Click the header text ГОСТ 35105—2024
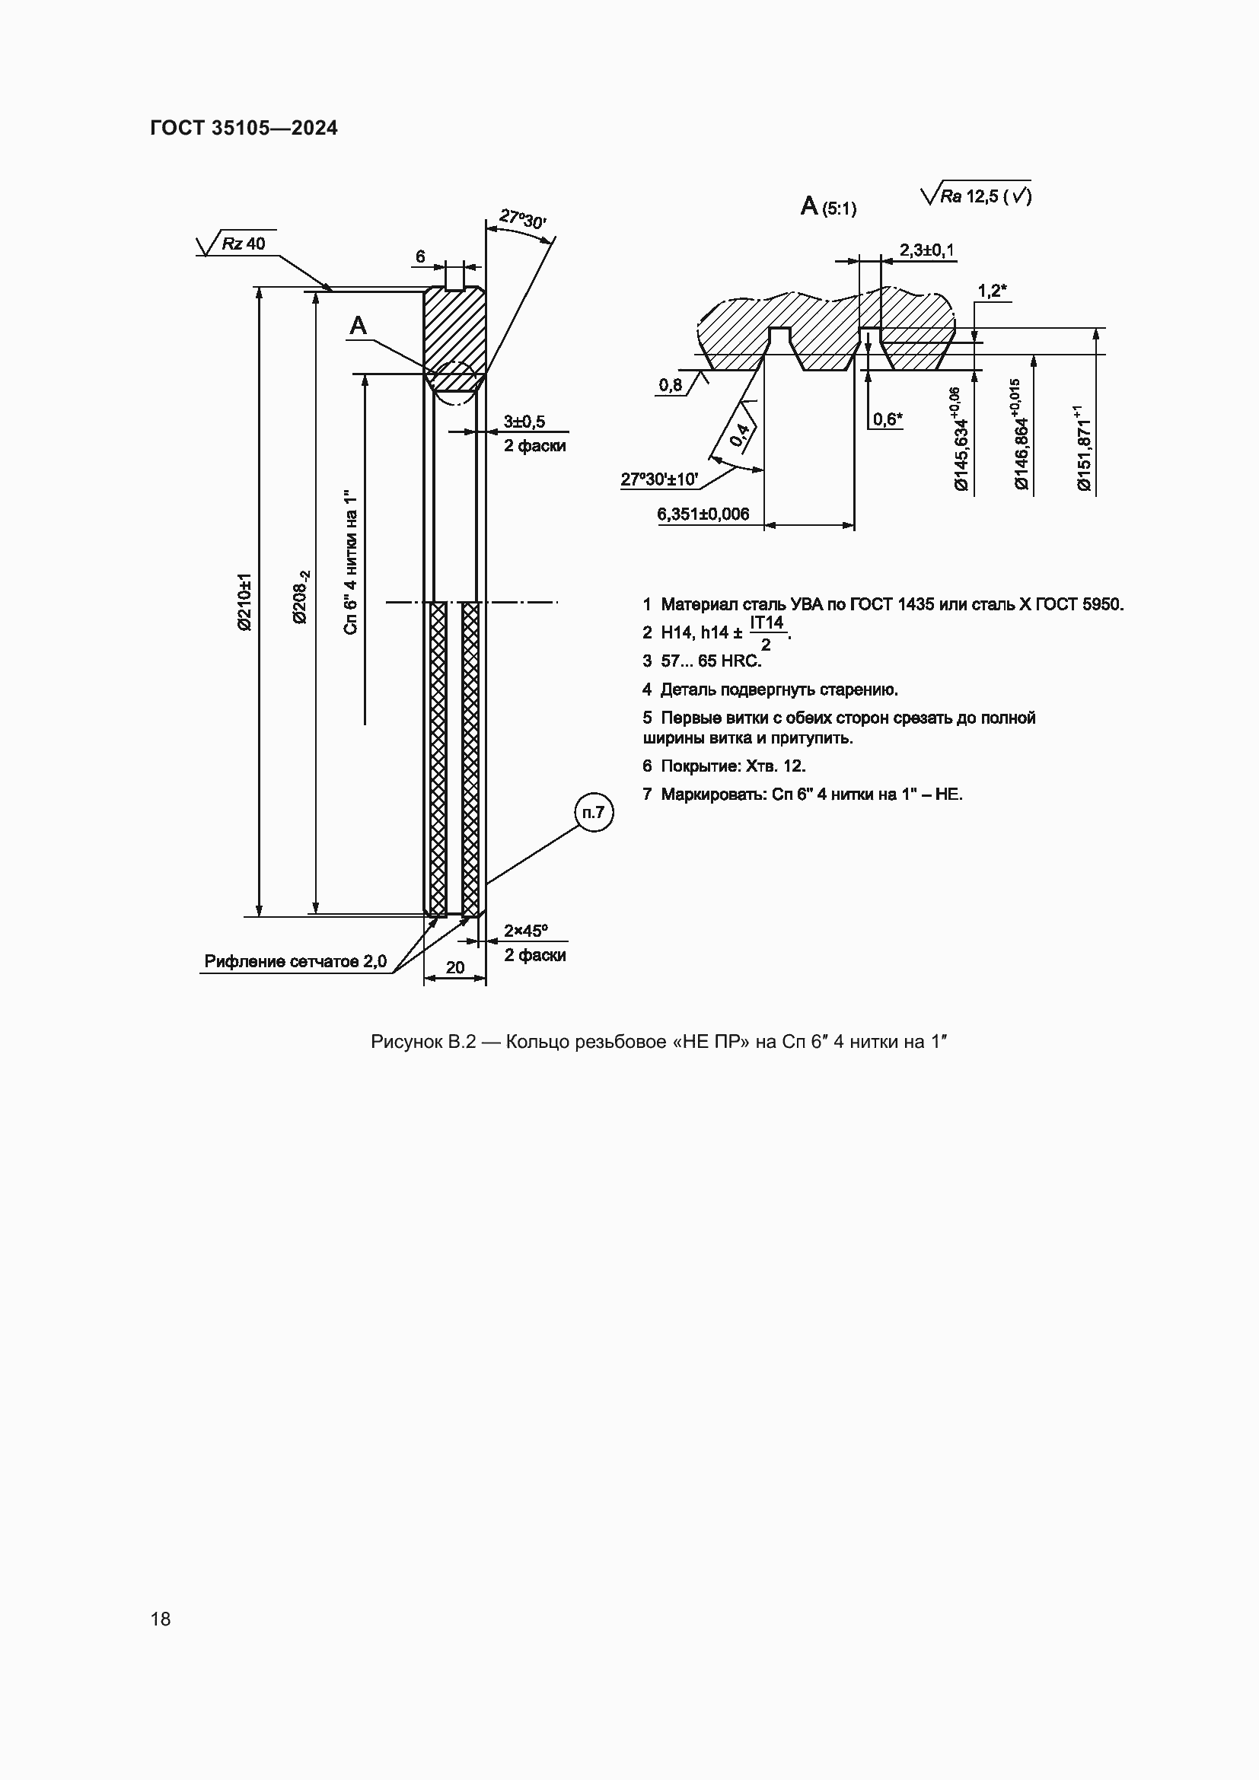244,128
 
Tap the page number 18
161,1619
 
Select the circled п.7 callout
594,813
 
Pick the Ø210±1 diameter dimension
245,602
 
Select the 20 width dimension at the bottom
455,966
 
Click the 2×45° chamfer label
526,930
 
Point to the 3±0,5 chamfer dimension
524,422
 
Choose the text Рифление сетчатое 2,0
295,961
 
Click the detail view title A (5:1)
828,207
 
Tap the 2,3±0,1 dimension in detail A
926,250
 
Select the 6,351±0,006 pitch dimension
703,514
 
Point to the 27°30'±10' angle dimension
659,479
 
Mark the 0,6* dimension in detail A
887,419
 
